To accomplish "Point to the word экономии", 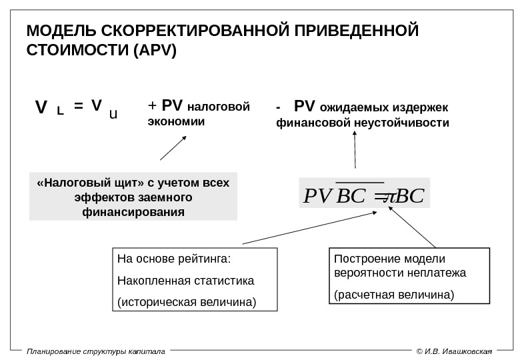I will [x=176, y=123].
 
